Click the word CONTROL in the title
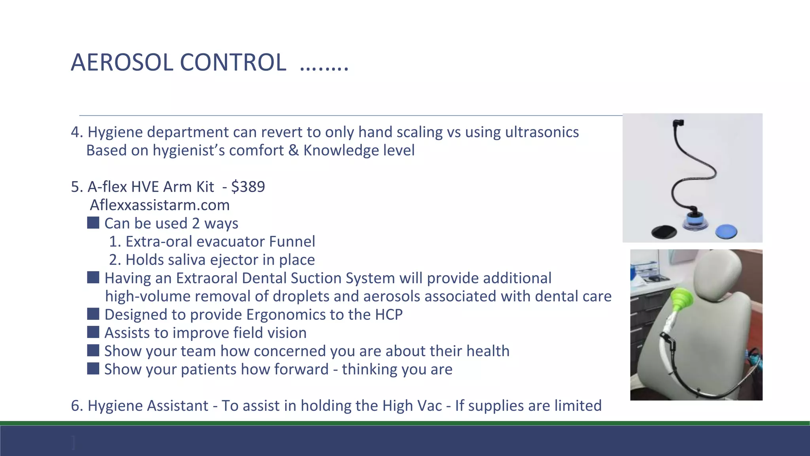(x=233, y=63)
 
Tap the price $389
(x=248, y=186)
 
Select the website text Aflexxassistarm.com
(x=160, y=205)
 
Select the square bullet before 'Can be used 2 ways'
(x=93, y=222)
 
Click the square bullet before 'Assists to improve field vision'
(x=93, y=332)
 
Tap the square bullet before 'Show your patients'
(x=93, y=369)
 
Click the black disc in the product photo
(x=664, y=231)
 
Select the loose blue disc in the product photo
(x=726, y=230)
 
